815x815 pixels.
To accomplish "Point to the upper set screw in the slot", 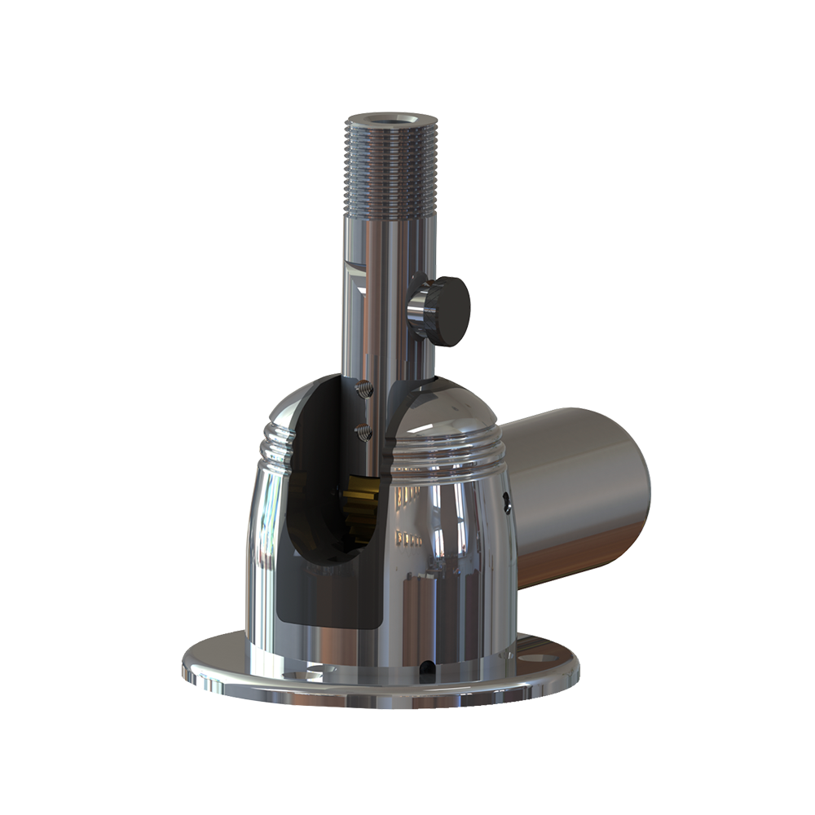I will click(364, 390).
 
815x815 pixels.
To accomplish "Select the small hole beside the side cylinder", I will click(506, 504).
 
